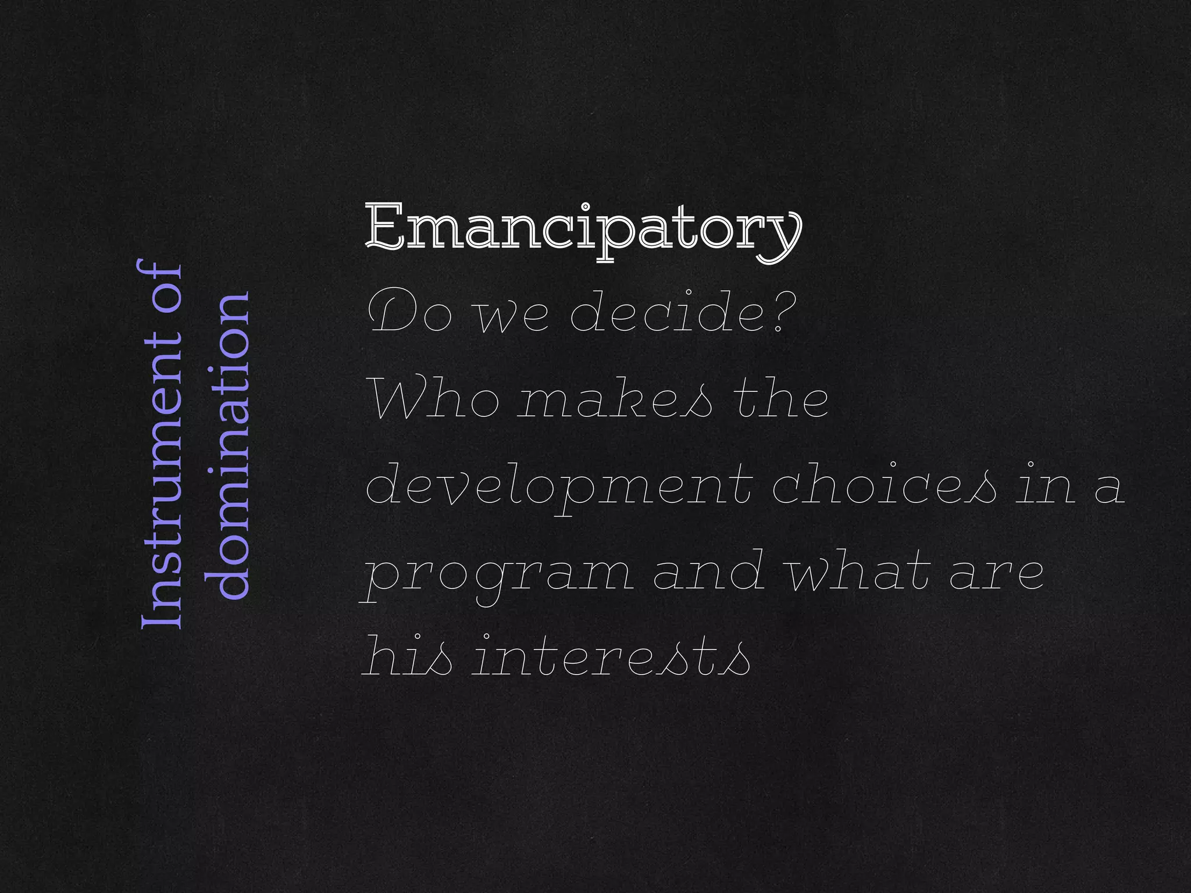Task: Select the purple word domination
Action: pos(228,445)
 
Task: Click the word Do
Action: pos(410,314)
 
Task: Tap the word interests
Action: pos(611,659)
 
